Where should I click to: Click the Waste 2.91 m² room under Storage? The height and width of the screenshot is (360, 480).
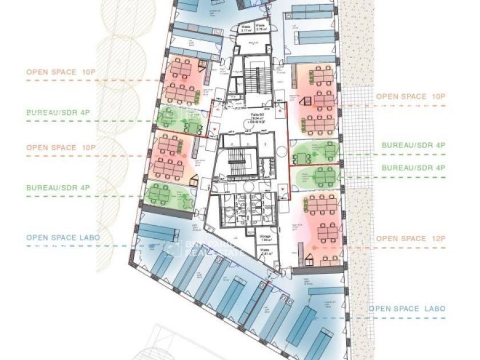pyautogui.click(x=265, y=251)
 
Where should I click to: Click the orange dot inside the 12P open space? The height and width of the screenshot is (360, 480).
pyautogui.click(x=314, y=247)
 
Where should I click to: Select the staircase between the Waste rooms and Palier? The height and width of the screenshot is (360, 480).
pyautogui.click(x=257, y=80)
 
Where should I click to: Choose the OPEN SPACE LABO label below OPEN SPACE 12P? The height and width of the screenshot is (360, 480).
pyautogui.click(x=406, y=309)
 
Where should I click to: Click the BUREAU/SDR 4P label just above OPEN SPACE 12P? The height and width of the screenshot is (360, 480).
pyautogui.click(x=413, y=168)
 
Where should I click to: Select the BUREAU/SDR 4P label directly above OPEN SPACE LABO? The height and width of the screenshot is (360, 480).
pyautogui.click(x=58, y=187)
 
